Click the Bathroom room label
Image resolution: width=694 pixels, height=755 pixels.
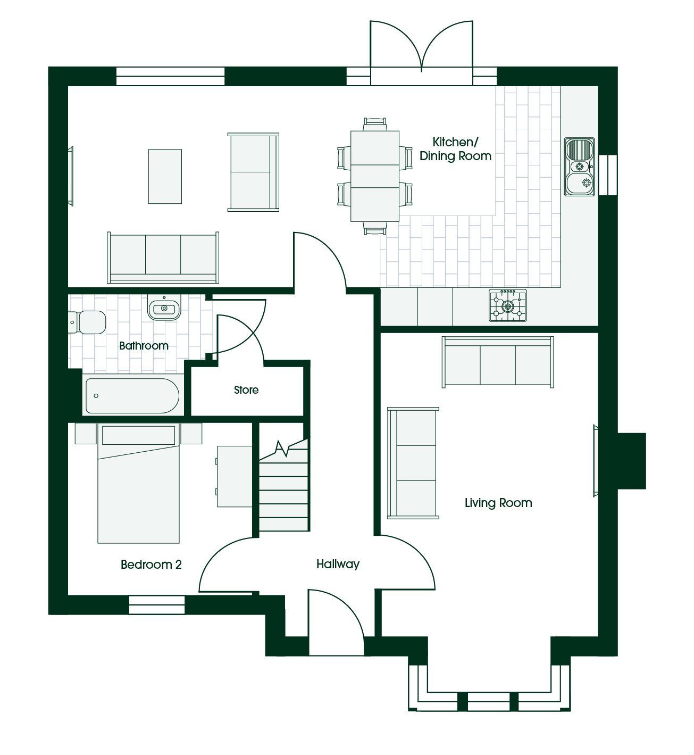pos(144,345)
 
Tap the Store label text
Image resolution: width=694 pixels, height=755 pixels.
pos(246,389)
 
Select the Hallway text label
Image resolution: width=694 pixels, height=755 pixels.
pos(338,564)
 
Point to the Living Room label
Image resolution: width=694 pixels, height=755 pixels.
pos(498,503)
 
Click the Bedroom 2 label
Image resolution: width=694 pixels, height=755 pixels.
pos(151,564)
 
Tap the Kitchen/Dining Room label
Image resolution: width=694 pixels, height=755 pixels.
pos(455,149)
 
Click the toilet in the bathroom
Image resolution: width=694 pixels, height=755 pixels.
pos(87,322)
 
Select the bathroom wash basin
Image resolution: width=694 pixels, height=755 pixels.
pos(164,308)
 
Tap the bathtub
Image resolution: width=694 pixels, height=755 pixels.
pos(132,395)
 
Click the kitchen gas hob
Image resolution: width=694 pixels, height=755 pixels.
pos(508,305)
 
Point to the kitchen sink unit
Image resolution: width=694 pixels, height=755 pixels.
pos(580,167)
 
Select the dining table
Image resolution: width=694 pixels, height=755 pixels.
pos(375,176)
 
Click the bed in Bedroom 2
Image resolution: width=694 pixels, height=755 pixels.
pos(138,483)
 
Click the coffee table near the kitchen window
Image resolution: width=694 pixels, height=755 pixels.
pos(165,177)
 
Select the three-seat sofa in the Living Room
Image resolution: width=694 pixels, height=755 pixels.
pos(498,362)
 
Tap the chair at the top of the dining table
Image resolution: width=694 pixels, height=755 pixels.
pos(375,124)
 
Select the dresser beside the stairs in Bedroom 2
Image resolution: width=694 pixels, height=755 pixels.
pos(234,477)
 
